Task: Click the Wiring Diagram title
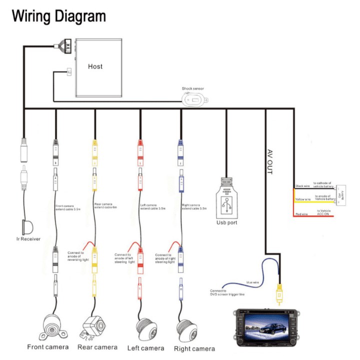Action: [x=59, y=16]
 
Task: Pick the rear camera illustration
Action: [x=93, y=325]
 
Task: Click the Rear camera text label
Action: [x=97, y=347]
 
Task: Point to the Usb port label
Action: [x=227, y=222]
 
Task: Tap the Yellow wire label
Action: [x=303, y=199]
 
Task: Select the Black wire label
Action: [x=303, y=186]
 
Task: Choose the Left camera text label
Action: [x=145, y=347]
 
